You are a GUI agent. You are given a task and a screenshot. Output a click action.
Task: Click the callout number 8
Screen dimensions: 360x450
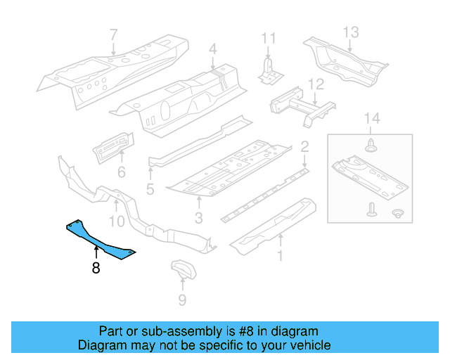pyautogui.click(x=95, y=267)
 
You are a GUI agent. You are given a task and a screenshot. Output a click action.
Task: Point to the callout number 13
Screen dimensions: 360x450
pyautogui.click(x=350, y=32)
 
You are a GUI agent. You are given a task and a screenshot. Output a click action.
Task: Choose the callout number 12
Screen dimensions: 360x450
pyautogui.click(x=316, y=84)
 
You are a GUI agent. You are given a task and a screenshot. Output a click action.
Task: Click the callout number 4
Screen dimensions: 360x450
pyautogui.click(x=212, y=50)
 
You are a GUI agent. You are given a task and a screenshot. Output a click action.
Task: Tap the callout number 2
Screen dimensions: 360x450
pyautogui.click(x=304, y=147)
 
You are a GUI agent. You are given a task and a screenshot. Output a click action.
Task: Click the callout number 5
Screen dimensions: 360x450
pyautogui.click(x=150, y=189)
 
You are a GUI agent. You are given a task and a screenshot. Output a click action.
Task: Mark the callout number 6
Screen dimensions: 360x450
pyautogui.click(x=121, y=172)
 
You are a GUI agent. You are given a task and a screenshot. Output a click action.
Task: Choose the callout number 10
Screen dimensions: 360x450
pyautogui.click(x=117, y=221)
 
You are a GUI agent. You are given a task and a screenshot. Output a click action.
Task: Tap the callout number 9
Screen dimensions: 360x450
pyautogui.click(x=182, y=301)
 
